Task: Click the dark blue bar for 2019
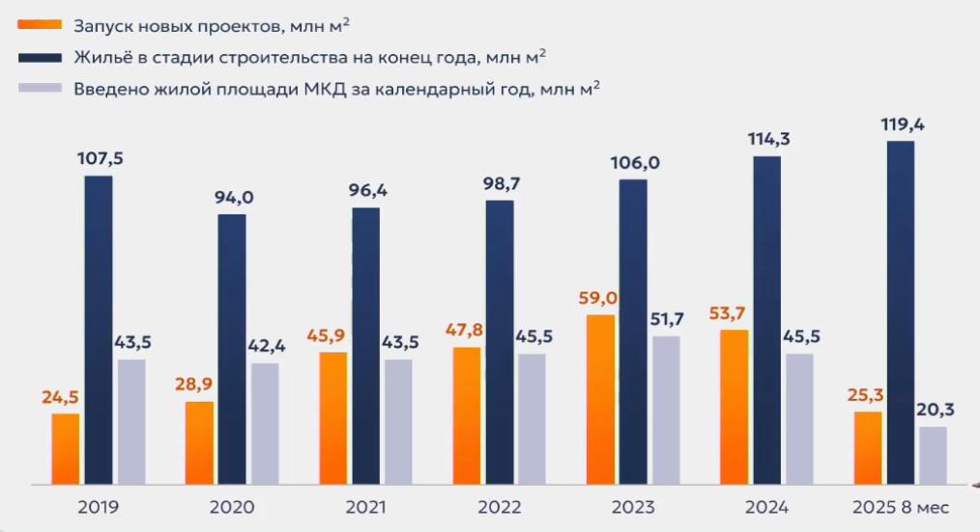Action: (x=99, y=329)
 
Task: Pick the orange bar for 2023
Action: (x=601, y=399)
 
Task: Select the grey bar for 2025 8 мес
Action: (x=933, y=455)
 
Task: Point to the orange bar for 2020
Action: (x=200, y=442)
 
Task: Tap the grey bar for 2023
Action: (x=667, y=409)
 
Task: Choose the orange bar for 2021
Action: (x=333, y=417)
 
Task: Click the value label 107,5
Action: (x=101, y=158)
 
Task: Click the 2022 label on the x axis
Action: (x=499, y=508)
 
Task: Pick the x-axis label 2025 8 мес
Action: (x=902, y=508)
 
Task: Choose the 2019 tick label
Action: (x=98, y=508)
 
